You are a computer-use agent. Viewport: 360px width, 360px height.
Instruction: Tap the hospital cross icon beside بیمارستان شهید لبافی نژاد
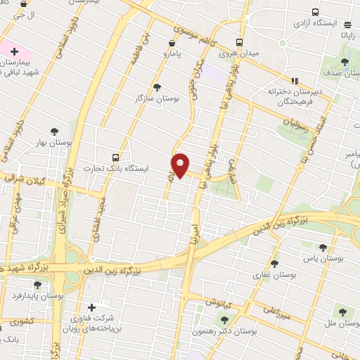click(14, 51)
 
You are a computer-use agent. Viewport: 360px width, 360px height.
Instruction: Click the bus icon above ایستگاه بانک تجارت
click(115, 157)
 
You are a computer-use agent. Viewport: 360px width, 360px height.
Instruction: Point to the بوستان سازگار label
click(157, 98)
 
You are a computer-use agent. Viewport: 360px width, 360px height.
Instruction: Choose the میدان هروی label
click(239, 53)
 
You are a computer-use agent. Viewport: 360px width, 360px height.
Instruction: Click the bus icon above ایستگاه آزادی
click(314, 13)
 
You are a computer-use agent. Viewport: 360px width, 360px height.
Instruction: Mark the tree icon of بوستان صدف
click(345, 61)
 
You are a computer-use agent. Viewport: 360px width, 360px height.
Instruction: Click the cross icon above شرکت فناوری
click(91, 307)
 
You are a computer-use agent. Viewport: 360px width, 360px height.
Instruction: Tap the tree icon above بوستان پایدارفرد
click(37, 285)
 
